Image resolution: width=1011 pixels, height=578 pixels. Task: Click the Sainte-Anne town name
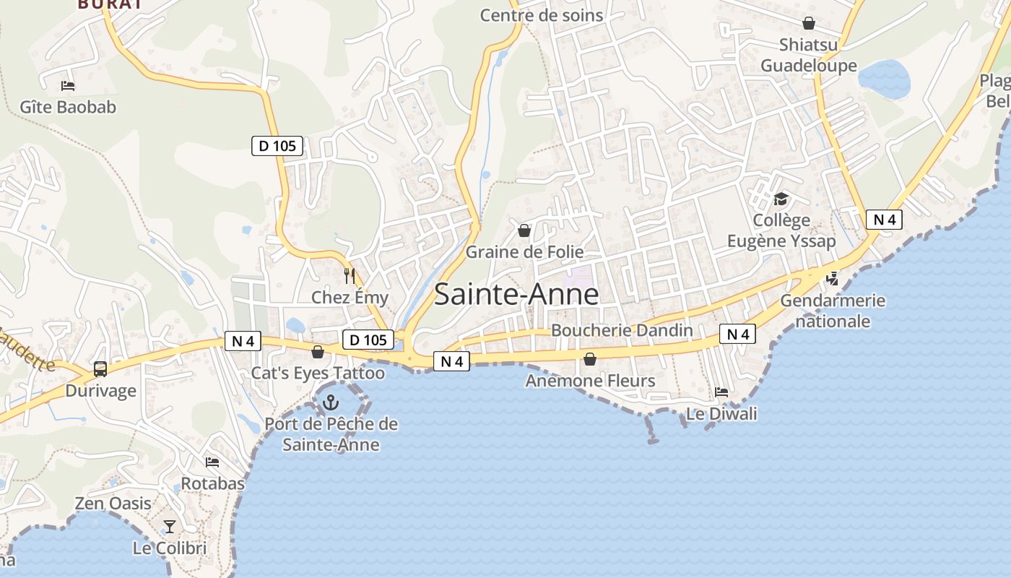point(516,295)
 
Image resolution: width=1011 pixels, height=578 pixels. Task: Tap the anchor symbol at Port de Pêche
point(331,402)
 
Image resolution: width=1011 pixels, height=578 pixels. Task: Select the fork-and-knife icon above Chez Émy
point(350,275)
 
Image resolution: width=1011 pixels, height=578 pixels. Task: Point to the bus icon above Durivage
point(100,369)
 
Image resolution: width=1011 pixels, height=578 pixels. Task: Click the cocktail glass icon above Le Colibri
point(169,526)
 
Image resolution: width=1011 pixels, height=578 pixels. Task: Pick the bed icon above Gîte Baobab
point(68,86)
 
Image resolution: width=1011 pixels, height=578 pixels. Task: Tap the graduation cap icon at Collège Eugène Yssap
point(781,199)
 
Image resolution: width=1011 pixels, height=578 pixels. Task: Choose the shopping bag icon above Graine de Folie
point(524,230)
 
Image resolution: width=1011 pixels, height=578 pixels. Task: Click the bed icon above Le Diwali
point(721,392)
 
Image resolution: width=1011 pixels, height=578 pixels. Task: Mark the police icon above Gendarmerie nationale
point(833,278)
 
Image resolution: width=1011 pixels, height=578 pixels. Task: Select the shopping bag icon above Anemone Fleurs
point(590,359)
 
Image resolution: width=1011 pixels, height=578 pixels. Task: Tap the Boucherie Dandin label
point(622,331)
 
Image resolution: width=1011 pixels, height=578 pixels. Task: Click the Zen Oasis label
point(113,504)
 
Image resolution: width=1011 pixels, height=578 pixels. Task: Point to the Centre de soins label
point(542,14)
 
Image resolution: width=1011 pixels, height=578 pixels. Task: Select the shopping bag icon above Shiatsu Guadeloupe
point(809,24)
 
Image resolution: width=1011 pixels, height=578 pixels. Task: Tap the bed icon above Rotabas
point(212,462)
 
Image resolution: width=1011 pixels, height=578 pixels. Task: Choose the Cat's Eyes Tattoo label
point(318,374)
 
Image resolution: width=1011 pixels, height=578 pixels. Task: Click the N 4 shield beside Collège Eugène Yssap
point(884,220)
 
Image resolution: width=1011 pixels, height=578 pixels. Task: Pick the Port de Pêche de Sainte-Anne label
point(331,434)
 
